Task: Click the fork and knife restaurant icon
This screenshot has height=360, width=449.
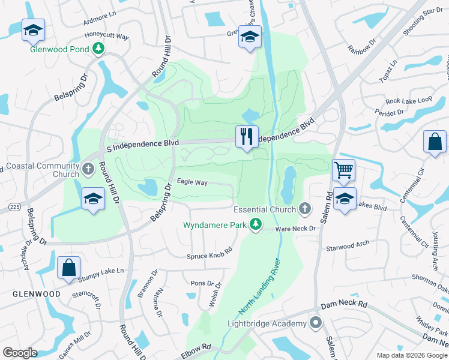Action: (x=247, y=136)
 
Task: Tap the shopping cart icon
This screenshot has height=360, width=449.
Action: (x=344, y=169)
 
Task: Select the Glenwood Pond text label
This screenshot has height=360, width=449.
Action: (x=60, y=49)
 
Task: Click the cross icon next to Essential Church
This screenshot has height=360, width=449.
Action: (x=305, y=209)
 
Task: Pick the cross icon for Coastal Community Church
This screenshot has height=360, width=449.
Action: (x=88, y=169)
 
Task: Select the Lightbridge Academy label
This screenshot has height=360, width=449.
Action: (x=267, y=324)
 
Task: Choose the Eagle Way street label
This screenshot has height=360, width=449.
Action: (x=191, y=182)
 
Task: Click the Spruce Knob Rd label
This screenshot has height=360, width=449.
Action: (x=209, y=254)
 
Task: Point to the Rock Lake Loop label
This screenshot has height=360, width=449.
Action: (x=409, y=100)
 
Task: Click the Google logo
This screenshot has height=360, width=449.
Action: (x=20, y=352)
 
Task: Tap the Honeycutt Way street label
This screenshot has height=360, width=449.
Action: (x=107, y=36)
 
